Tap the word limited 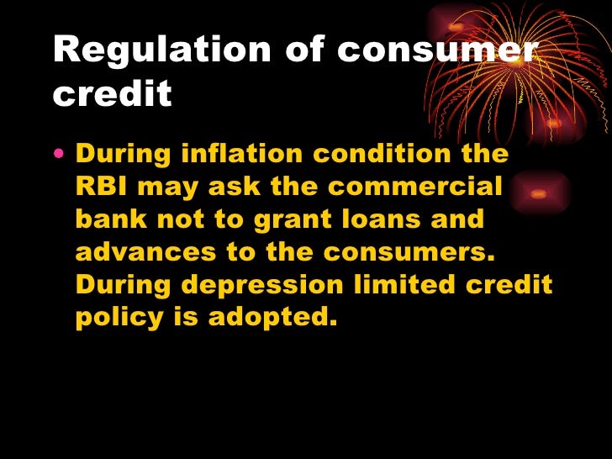click(404, 286)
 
